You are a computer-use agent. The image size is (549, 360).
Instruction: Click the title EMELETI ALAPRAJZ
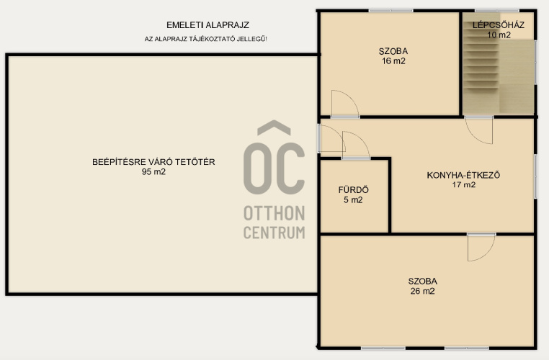click(x=207, y=25)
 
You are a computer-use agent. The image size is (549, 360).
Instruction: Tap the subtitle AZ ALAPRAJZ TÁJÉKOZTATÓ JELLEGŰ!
click(x=205, y=39)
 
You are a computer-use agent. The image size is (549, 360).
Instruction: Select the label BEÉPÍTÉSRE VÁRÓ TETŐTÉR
click(x=153, y=162)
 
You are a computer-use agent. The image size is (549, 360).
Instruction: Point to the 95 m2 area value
click(x=153, y=172)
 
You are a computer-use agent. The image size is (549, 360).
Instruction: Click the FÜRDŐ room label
click(x=353, y=190)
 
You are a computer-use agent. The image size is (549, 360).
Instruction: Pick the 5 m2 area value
click(x=353, y=200)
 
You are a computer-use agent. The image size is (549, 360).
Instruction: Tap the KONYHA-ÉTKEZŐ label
click(x=463, y=175)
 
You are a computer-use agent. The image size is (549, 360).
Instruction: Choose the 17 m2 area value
click(x=463, y=185)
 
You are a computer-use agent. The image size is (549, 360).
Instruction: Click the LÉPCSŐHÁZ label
click(x=499, y=24)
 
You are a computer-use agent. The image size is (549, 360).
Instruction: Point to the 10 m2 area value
click(x=499, y=35)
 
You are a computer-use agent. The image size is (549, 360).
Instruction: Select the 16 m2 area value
click(x=393, y=61)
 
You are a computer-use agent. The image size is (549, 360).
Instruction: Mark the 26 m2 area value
click(x=423, y=291)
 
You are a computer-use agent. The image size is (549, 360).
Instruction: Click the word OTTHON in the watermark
click(x=274, y=213)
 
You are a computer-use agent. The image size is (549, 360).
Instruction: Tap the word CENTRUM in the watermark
click(x=274, y=233)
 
